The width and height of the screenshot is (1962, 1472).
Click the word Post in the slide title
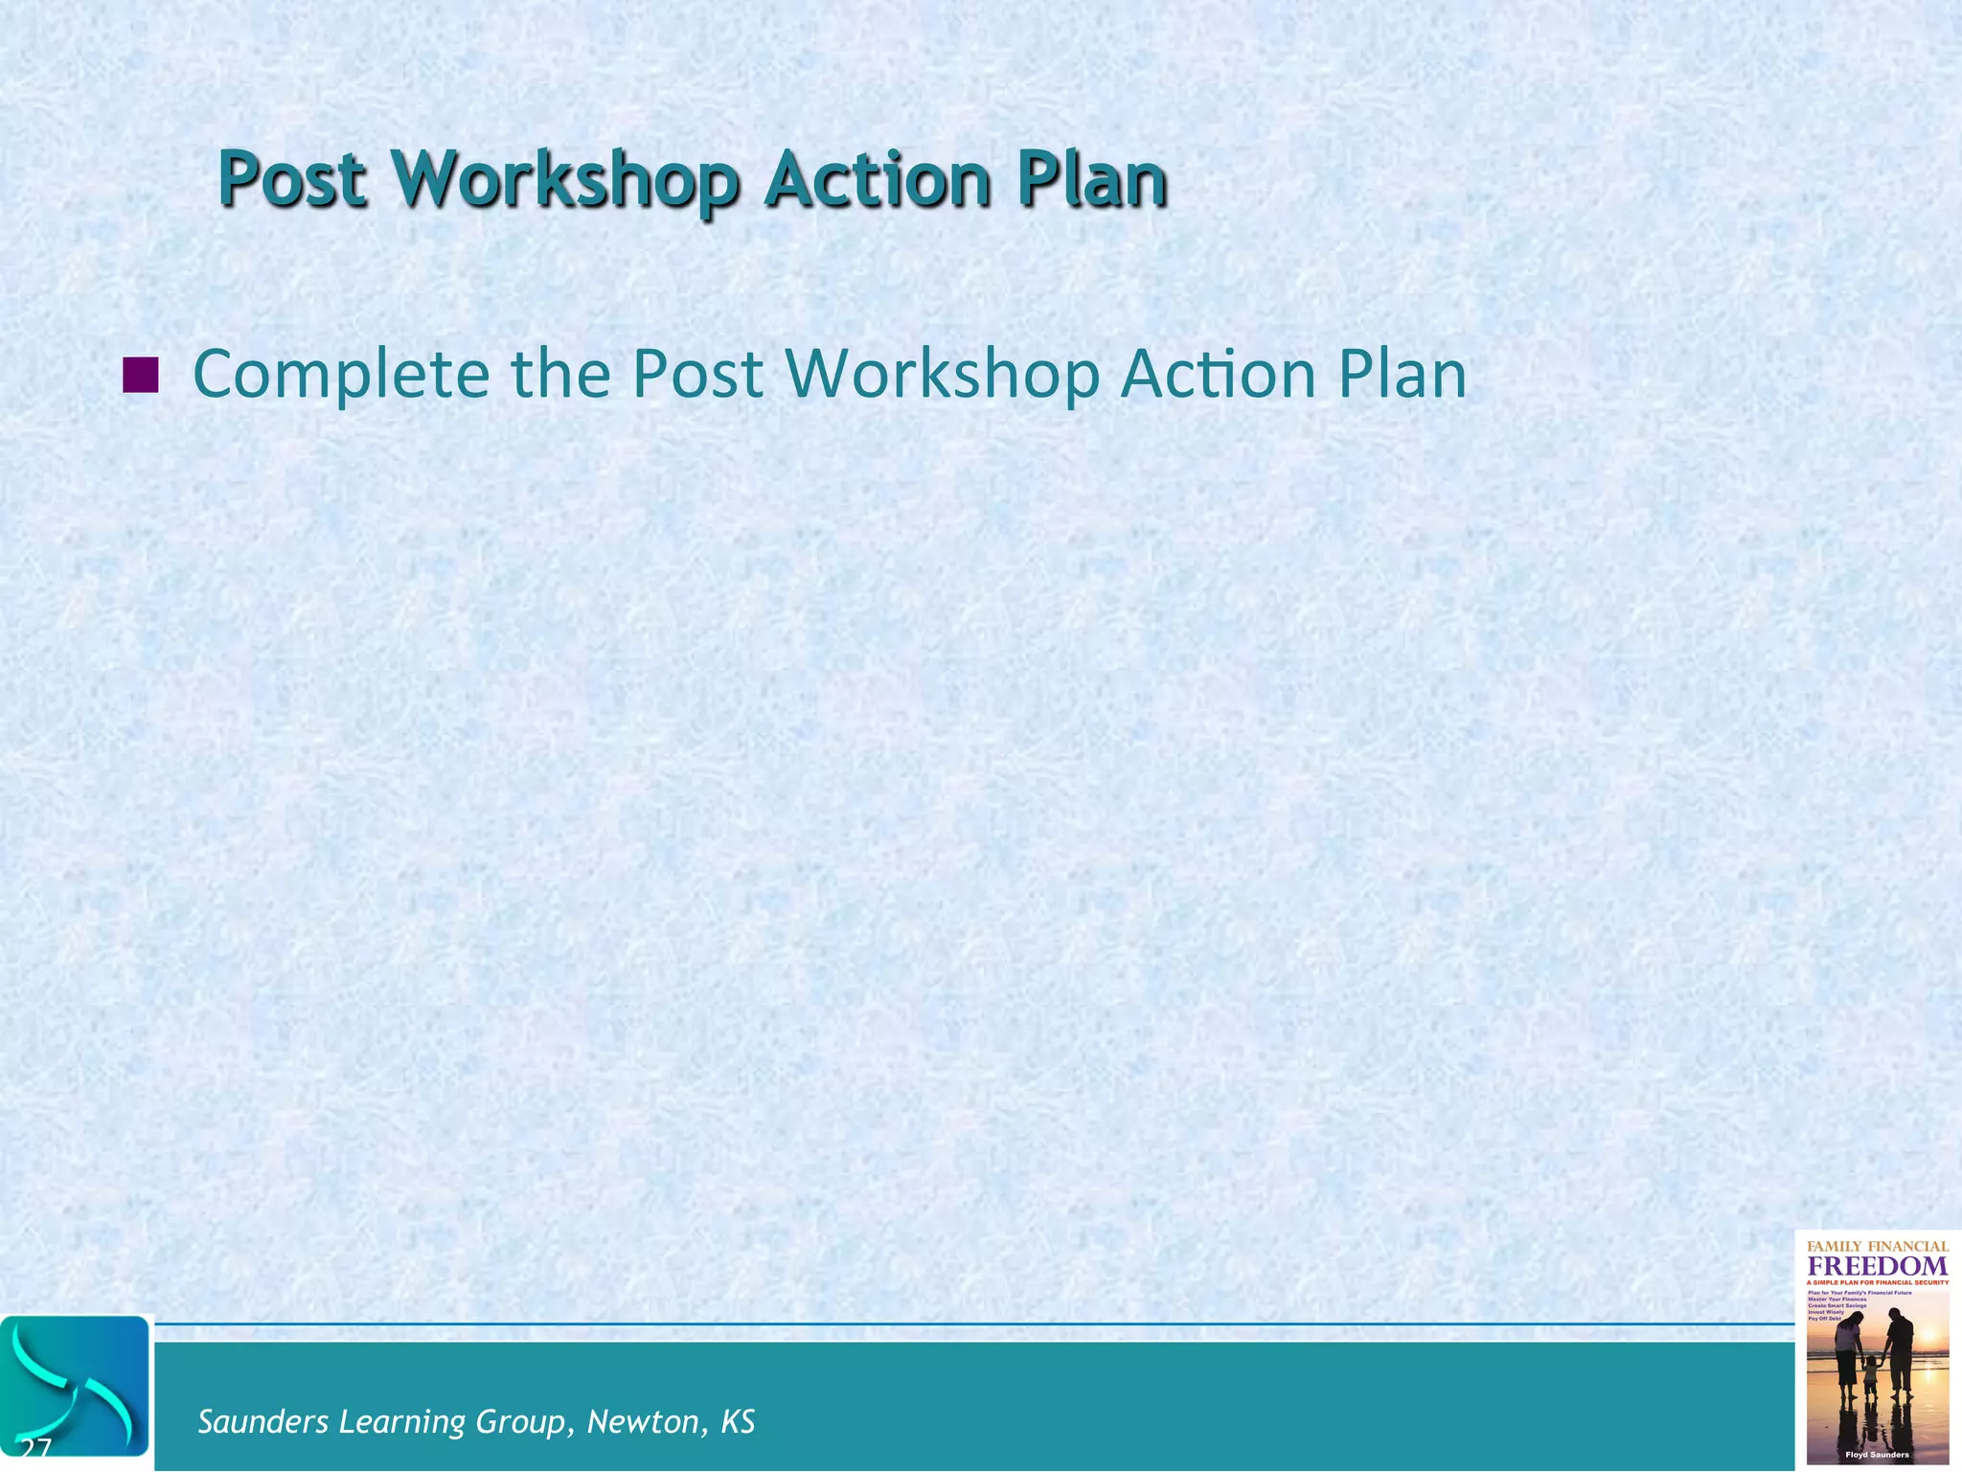(292, 179)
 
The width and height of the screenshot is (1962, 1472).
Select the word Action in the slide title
(877, 179)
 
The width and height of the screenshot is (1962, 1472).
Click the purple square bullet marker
(141, 375)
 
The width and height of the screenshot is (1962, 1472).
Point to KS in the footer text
(738, 1421)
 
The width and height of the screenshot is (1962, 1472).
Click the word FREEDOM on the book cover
(1877, 1266)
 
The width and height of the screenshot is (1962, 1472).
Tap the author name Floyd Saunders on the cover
(1877, 1455)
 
